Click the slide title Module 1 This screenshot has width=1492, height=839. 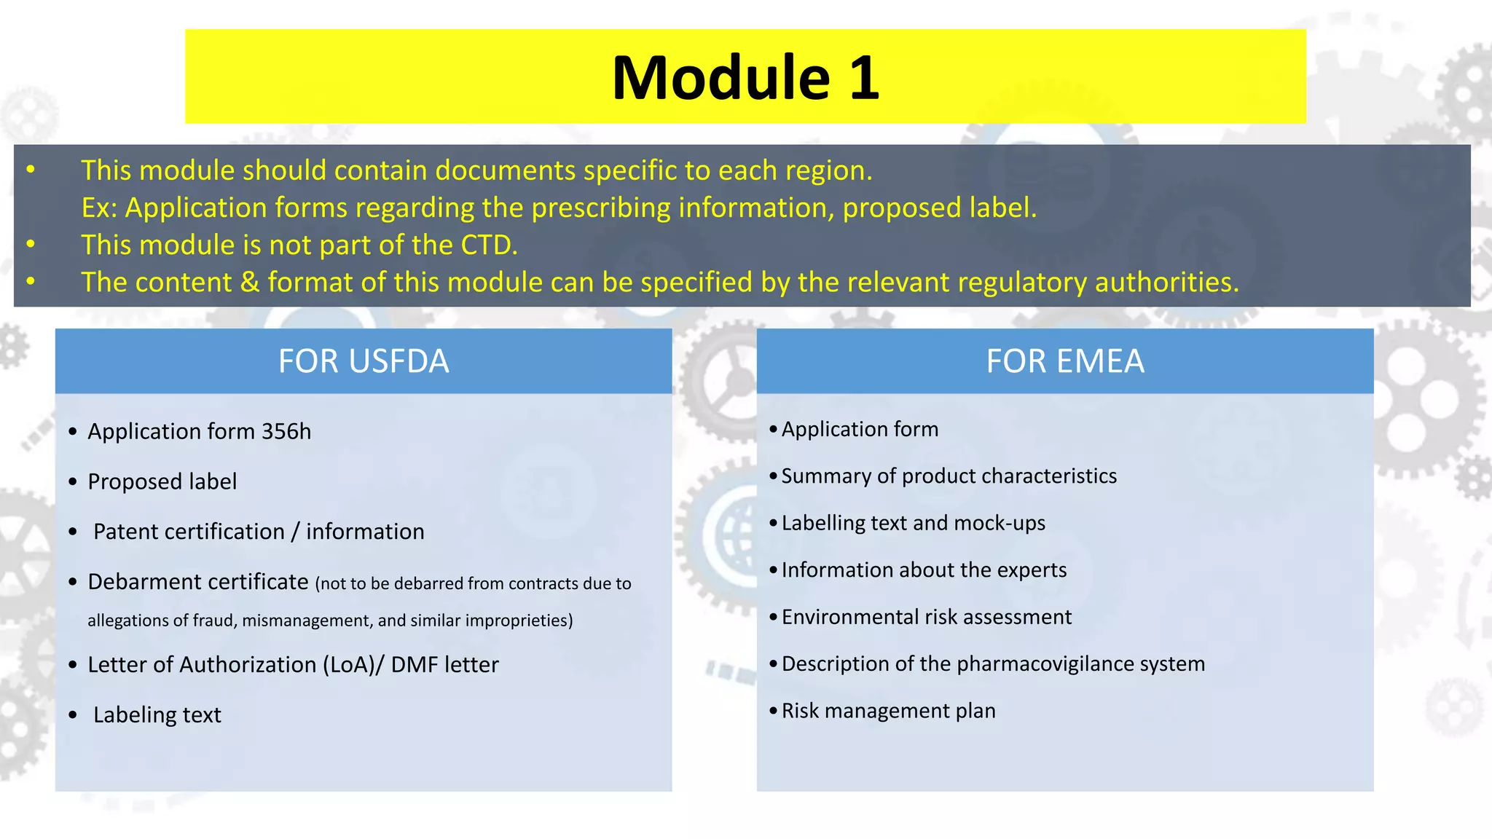[x=745, y=77]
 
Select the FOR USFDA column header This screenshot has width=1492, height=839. [x=364, y=361]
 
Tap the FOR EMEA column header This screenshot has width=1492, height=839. [x=1064, y=361]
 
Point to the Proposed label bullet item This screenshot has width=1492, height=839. [x=162, y=481]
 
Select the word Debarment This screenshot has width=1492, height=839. [x=143, y=582]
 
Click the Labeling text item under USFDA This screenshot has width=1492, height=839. [x=157, y=715]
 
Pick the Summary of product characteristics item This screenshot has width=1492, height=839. [x=949, y=476]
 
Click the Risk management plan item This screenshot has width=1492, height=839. [x=888, y=711]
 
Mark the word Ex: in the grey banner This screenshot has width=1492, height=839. [x=99, y=208]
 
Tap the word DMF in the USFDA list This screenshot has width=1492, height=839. [x=412, y=665]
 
